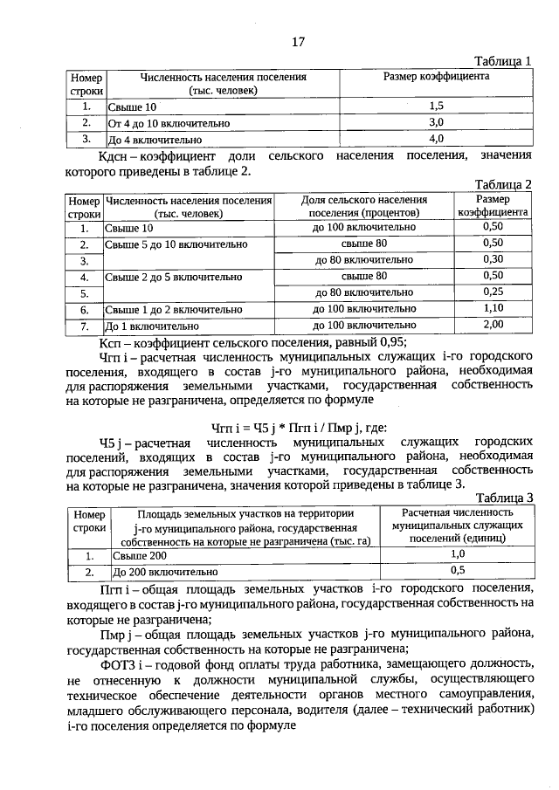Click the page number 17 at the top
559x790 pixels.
[x=297, y=41]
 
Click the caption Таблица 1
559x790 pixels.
[x=502, y=61]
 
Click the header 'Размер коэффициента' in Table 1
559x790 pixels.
[x=437, y=77]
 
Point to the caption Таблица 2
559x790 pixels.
[x=502, y=184]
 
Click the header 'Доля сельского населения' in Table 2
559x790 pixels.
[x=363, y=200]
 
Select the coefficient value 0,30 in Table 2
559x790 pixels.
[x=493, y=259]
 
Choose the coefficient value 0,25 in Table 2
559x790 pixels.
[x=493, y=292]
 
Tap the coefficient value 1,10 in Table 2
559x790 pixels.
[x=493, y=308]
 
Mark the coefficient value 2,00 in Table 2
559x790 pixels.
[x=493, y=325]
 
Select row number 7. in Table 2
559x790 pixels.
[x=85, y=326]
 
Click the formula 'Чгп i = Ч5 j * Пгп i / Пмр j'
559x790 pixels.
[x=280, y=428]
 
